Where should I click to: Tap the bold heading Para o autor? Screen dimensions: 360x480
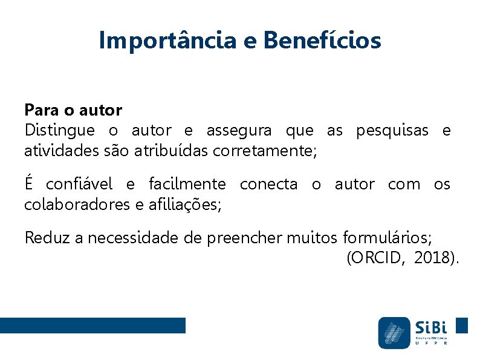pos(73,110)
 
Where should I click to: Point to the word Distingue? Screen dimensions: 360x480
pos(59,130)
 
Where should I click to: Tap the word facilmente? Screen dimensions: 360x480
pos(187,184)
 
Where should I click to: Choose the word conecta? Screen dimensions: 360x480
pos(268,184)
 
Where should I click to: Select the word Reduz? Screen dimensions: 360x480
pos(48,238)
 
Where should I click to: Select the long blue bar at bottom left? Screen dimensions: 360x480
pos(92,326)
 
